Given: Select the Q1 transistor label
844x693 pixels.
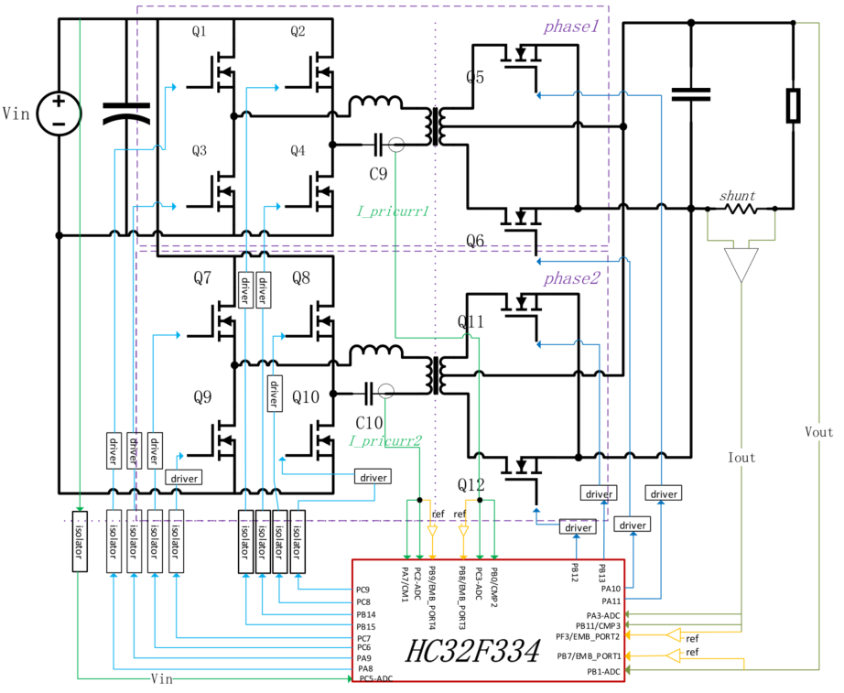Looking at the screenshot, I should point(200,32).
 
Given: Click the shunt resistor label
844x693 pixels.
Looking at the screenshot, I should point(738,195).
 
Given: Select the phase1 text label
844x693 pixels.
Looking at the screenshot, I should point(570,27).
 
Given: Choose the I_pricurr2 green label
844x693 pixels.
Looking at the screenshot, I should point(384,440).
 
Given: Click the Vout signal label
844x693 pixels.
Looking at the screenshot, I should point(819,430).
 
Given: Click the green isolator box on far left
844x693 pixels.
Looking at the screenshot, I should point(79,542).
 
